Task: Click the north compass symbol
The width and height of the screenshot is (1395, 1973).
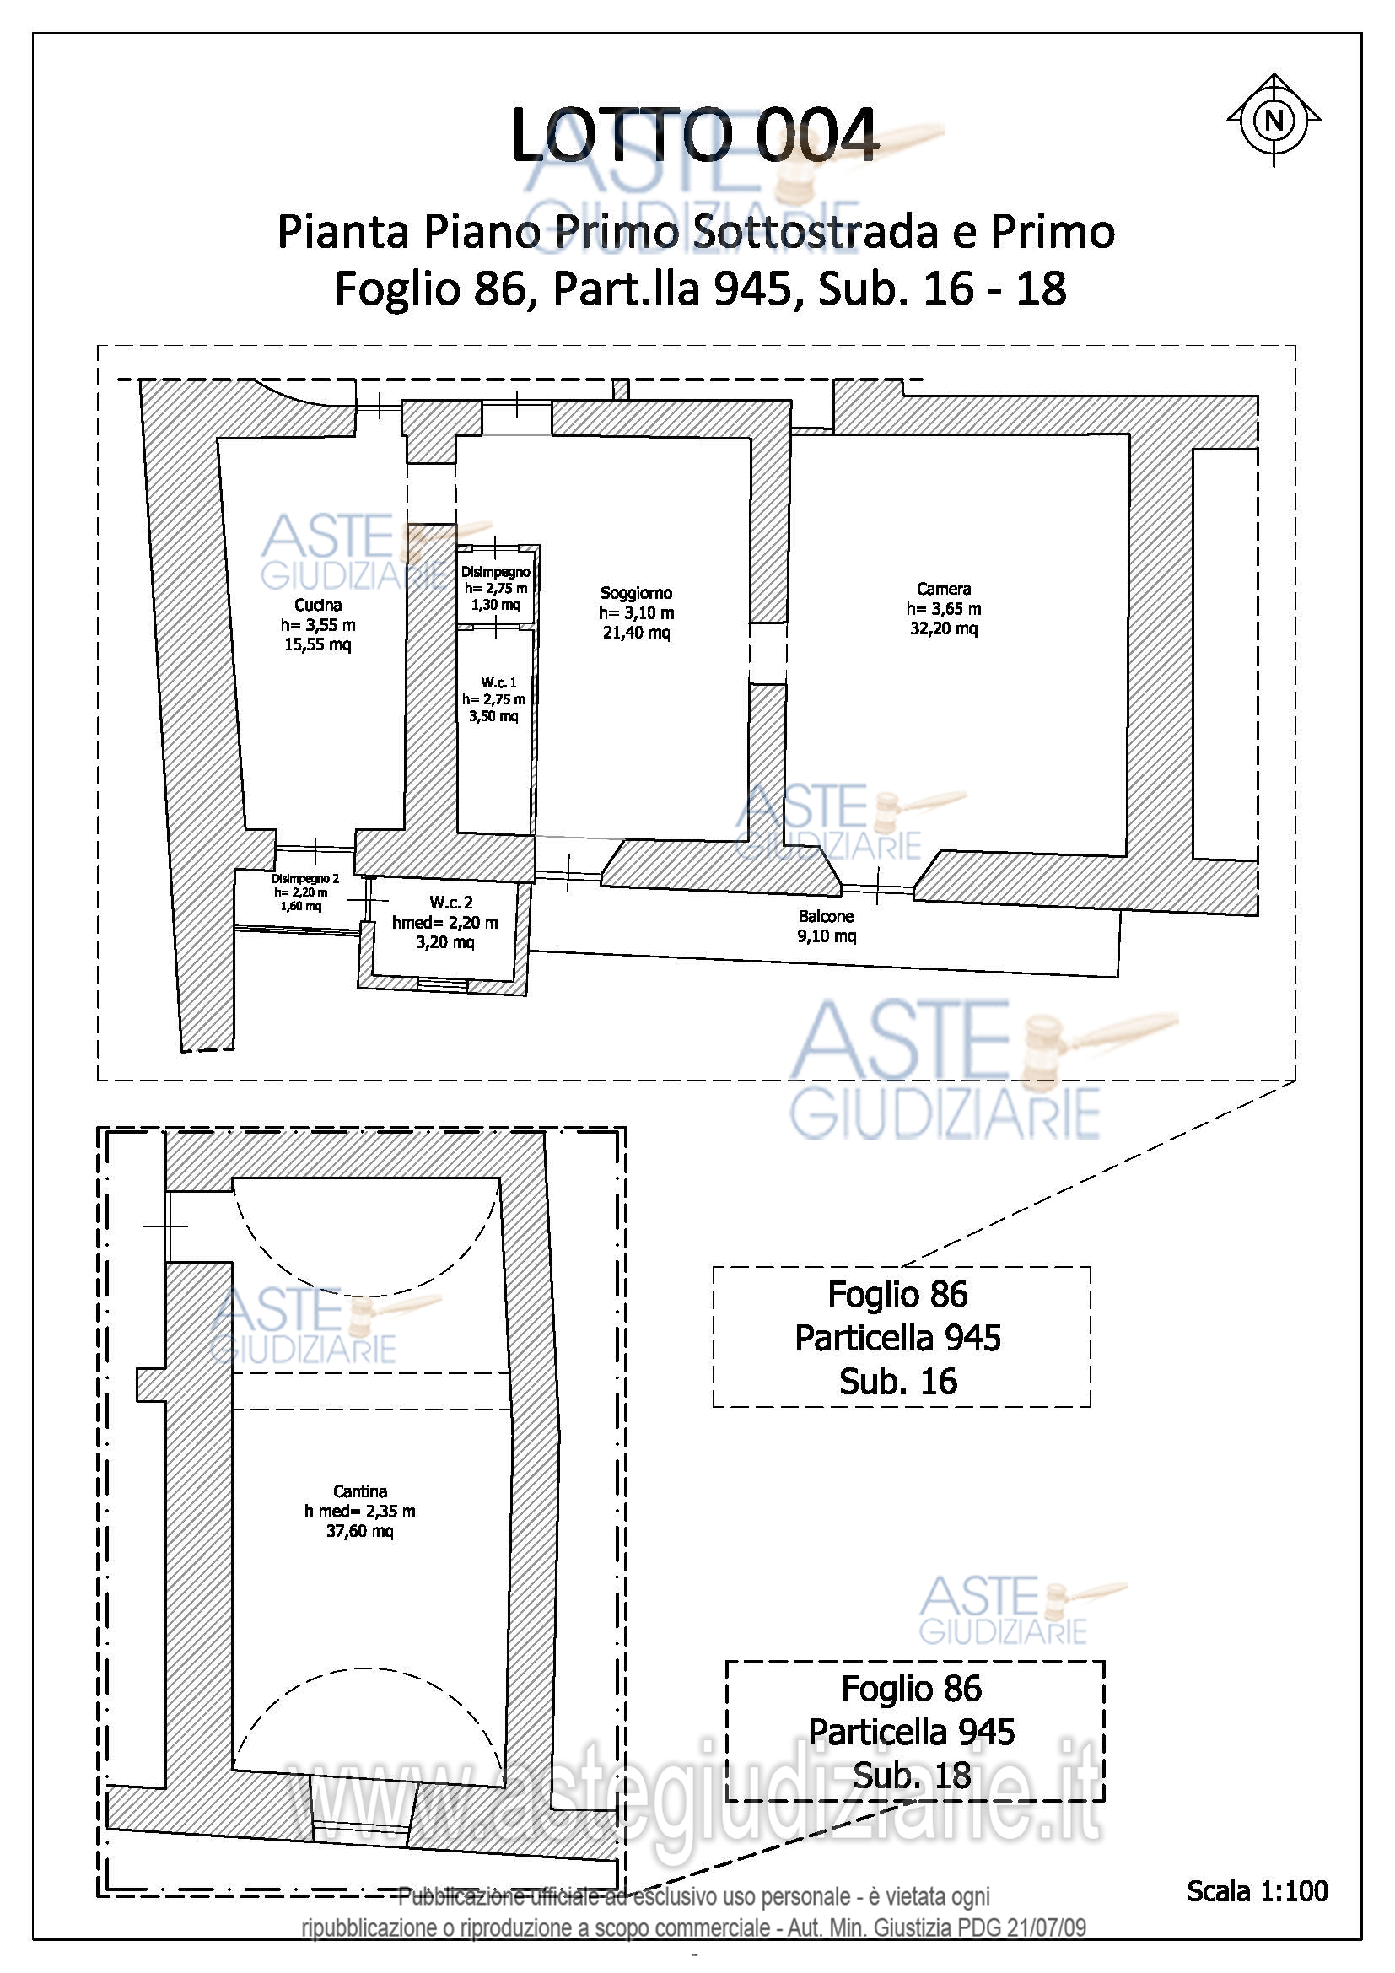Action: [x=1273, y=120]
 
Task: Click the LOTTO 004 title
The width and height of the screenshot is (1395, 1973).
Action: [x=695, y=135]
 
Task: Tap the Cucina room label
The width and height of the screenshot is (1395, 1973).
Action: [x=318, y=605]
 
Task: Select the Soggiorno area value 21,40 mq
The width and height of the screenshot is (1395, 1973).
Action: [x=637, y=633]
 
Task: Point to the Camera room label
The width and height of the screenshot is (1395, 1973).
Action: [x=943, y=589]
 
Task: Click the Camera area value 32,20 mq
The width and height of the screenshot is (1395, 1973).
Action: [x=943, y=628]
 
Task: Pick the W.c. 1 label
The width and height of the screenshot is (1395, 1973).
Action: [x=499, y=682]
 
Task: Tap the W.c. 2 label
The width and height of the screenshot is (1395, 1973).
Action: [x=451, y=903]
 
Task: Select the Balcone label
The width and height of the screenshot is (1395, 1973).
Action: [x=826, y=917]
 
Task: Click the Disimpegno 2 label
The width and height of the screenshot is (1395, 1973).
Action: [x=305, y=879]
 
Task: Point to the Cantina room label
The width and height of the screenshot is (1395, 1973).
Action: [x=360, y=1491]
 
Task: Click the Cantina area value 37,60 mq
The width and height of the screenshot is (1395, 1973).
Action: [x=360, y=1530]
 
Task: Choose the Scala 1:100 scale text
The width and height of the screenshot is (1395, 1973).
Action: [x=1258, y=1891]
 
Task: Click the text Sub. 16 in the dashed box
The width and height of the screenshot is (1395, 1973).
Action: [x=897, y=1381]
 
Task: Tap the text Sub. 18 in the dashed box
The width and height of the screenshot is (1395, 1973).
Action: [x=912, y=1775]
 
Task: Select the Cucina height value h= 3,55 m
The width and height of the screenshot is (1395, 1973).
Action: [x=318, y=625]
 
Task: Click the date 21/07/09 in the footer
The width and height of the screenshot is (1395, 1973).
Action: [x=1046, y=1927]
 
